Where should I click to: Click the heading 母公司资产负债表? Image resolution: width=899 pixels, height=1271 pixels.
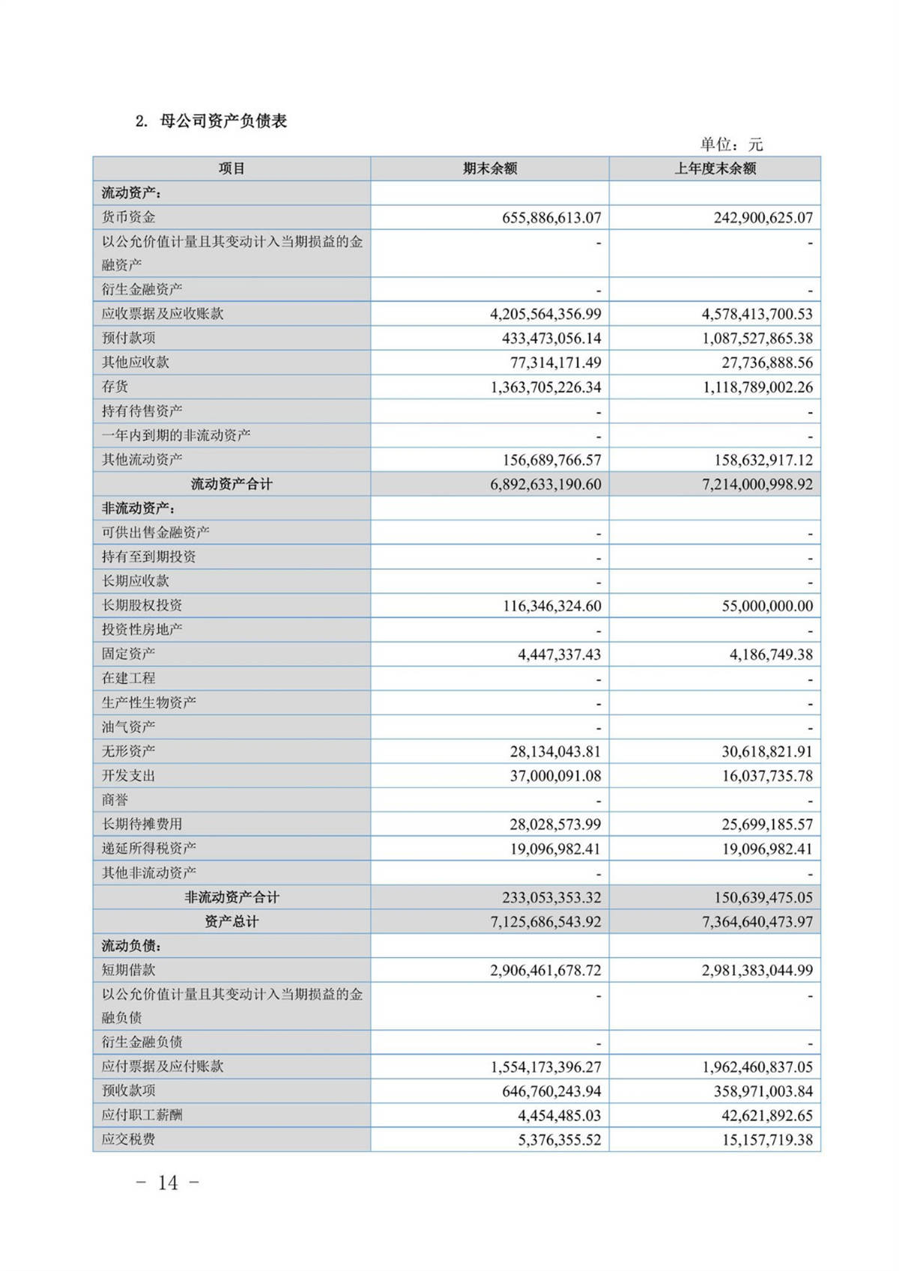223,121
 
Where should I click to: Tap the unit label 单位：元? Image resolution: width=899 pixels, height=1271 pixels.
731,144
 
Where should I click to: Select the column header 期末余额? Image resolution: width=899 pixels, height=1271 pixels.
490,169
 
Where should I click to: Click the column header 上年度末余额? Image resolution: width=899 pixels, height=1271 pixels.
715,169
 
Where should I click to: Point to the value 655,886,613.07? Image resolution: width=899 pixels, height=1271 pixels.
551,218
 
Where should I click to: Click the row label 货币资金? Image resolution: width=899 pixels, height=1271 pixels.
129,217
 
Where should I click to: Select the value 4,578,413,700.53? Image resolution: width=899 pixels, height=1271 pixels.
757,314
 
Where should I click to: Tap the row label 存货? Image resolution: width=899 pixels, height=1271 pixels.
115,386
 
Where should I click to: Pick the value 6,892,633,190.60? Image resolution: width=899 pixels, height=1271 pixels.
545,485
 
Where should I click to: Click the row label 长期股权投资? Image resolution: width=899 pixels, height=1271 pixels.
142,605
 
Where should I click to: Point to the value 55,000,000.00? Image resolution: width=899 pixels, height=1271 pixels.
767,606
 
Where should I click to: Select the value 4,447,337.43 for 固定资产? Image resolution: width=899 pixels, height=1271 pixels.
559,655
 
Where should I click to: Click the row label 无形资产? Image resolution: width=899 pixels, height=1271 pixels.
129,750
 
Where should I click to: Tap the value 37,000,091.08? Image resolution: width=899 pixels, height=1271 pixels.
555,776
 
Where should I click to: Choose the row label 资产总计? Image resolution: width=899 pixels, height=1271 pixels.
231,921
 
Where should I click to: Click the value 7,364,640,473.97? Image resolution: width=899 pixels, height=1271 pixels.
757,922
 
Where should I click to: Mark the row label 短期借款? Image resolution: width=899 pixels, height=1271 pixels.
129,970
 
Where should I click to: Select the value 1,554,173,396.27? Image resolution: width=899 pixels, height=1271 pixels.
545,1067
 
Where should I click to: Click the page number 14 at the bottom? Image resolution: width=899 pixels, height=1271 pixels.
168,1183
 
